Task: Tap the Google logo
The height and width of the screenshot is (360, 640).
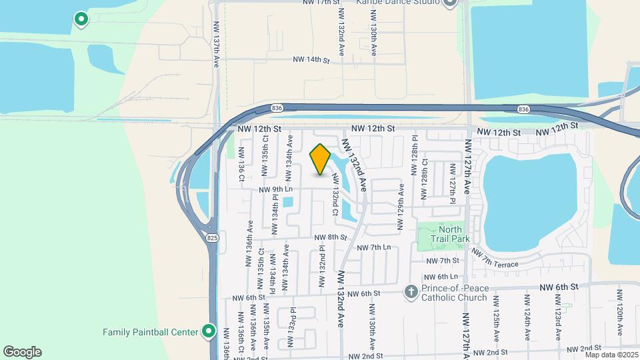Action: click(22, 352)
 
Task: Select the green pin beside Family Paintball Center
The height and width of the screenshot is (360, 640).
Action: click(209, 331)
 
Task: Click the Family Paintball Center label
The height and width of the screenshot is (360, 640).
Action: click(151, 331)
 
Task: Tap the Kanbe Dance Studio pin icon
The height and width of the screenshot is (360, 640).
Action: click(449, 3)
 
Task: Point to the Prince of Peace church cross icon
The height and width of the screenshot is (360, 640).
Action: click(411, 292)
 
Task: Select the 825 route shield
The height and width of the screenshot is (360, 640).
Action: click(213, 238)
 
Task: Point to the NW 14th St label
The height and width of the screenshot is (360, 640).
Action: click(311, 60)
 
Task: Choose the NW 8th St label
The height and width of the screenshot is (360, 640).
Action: click(331, 237)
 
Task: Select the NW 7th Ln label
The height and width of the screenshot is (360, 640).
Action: click(374, 247)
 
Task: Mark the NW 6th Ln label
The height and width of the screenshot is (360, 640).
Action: click(442, 277)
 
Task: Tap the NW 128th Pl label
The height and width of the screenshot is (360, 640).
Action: click(414, 151)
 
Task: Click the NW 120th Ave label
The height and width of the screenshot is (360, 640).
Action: click(620, 312)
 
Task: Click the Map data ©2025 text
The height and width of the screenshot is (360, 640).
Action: click(611, 355)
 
